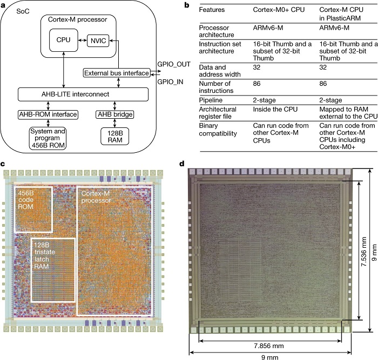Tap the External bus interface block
116,72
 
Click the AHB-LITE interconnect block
82,94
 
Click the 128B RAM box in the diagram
114,135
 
